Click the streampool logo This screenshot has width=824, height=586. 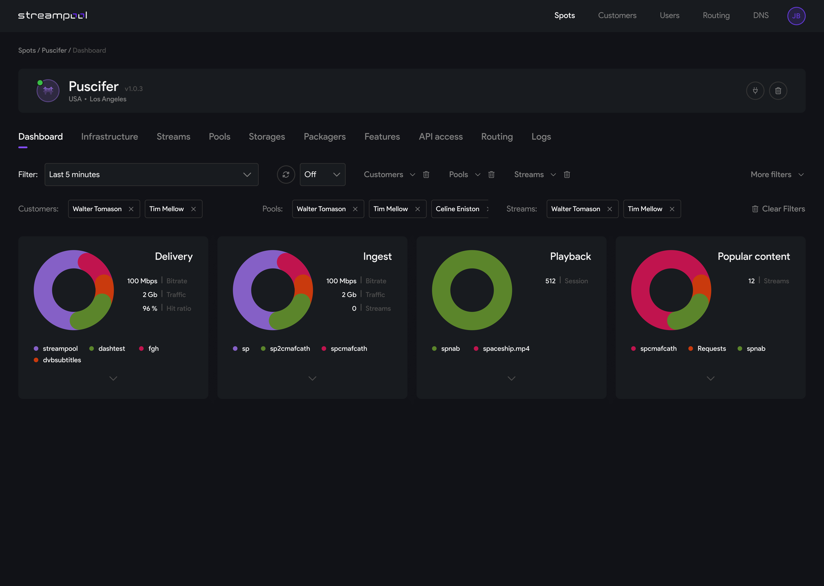53,15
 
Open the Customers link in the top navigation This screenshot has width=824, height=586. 617,15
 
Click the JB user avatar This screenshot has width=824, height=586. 796,16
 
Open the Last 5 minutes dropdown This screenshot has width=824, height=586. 151,175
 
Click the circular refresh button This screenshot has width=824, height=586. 286,175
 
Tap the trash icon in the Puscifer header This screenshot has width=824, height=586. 778,91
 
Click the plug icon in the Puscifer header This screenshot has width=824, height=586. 755,91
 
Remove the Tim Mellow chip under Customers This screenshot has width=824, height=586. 193,209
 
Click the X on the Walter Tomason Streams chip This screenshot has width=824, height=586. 609,209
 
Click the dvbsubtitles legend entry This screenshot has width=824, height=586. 62,360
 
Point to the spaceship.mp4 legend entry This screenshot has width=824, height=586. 506,349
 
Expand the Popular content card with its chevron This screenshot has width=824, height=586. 710,378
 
